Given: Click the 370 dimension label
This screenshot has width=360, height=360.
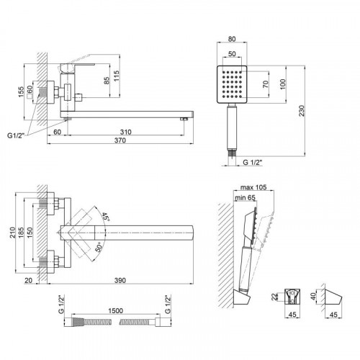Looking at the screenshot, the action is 120,140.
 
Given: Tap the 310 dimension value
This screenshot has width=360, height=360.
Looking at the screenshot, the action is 126,132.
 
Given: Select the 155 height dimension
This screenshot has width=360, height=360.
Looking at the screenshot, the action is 21,92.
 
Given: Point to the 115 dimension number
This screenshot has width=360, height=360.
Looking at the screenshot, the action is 116,76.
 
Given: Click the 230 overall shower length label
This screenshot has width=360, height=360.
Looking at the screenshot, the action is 302,111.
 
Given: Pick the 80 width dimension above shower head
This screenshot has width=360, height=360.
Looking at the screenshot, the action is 232,39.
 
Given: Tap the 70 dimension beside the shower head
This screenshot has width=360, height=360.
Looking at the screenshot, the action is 266,84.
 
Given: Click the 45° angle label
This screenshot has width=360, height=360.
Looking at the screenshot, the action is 105,217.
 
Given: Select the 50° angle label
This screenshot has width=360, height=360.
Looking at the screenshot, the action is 99,246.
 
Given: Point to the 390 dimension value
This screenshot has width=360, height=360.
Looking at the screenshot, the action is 120,280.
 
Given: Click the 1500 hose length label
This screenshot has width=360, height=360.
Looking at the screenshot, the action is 115,310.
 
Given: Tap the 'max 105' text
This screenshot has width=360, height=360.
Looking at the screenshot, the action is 253,187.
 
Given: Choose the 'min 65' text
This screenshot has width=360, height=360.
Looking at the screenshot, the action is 245,197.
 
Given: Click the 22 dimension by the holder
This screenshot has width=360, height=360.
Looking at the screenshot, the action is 274,297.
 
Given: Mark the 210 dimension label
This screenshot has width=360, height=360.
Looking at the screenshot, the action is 12,233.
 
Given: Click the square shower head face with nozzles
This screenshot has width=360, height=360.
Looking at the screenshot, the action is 232,84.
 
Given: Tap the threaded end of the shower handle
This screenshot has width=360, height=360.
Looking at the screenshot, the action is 232,153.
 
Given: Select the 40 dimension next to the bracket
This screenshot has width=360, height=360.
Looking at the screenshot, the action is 313,296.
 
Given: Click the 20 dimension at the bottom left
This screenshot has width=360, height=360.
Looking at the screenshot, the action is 28,280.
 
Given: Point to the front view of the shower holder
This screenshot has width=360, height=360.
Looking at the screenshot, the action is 292,297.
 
